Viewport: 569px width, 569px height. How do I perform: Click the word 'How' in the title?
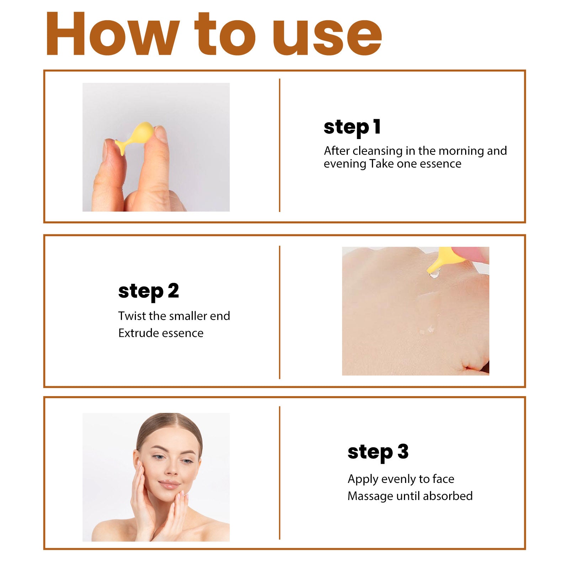click(112, 34)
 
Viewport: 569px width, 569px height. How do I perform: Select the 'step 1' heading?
click(352, 127)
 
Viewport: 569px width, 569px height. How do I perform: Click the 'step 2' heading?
click(148, 292)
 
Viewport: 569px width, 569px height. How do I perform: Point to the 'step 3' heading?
click(378, 452)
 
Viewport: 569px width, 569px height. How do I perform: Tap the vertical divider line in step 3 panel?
click(280, 473)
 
